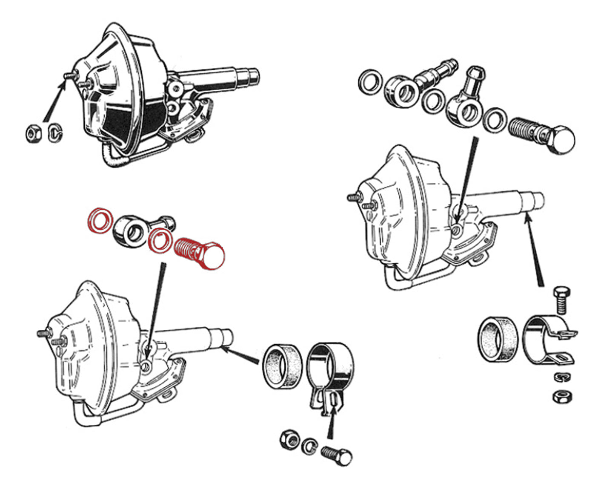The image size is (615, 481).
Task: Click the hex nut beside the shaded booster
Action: (x=33, y=134)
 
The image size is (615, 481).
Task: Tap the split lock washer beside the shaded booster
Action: (x=54, y=133)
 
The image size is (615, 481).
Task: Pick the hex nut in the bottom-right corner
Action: (x=562, y=397)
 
